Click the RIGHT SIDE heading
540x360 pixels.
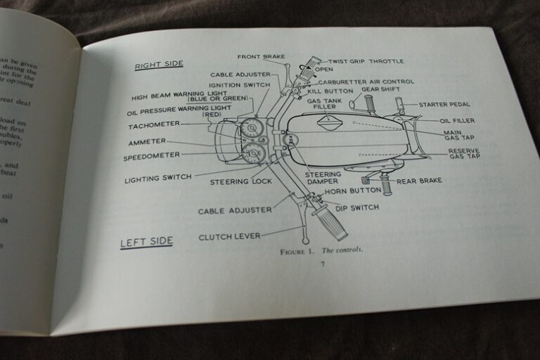tap(159, 65)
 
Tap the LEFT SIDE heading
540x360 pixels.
tap(146, 242)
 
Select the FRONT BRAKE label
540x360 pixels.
tap(259, 57)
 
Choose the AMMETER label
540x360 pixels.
tap(147, 142)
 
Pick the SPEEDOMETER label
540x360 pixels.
tap(151, 157)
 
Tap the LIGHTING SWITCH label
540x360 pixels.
tap(158, 179)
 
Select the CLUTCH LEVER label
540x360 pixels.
tap(229, 236)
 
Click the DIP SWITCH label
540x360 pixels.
tap(356, 207)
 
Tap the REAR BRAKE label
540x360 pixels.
tap(419, 181)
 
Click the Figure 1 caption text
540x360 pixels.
tap(321, 250)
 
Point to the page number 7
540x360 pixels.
tap(322, 264)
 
